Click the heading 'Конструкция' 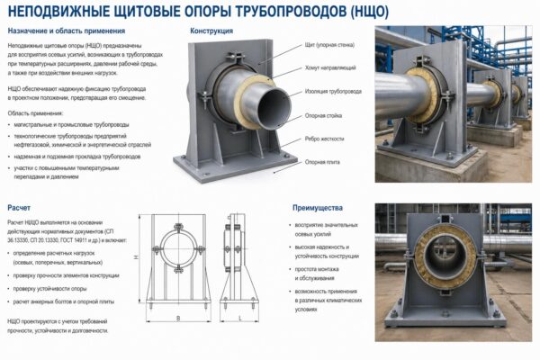[x=211, y=31]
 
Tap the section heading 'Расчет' [x=21, y=207]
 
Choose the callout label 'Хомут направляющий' [x=327, y=68]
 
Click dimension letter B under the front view [x=178, y=318]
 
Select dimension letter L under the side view [x=236, y=318]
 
